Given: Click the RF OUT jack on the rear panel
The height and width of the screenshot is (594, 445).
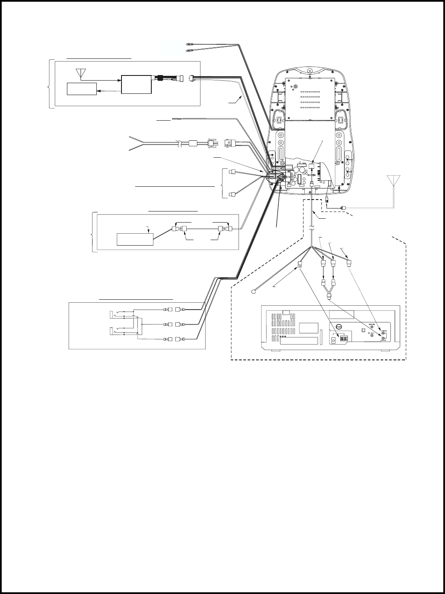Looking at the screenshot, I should click(x=373, y=336).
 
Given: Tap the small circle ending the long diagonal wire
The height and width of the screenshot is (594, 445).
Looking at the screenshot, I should click(x=254, y=292).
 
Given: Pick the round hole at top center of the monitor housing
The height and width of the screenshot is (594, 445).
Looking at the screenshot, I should click(x=310, y=71).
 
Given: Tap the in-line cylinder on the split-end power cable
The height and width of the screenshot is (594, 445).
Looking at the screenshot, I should click(x=194, y=144).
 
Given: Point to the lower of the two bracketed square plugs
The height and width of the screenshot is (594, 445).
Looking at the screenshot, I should click(x=232, y=195).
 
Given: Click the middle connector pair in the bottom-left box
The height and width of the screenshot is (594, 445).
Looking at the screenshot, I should click(x=173, y=324).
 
